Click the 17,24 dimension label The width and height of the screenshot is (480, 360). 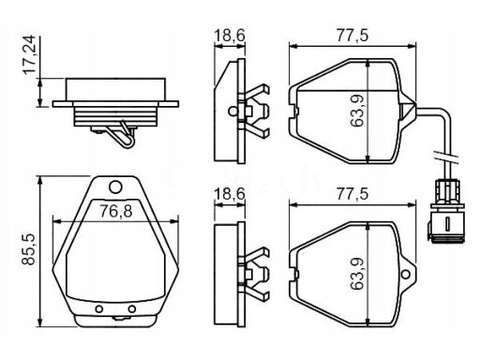[31, 54]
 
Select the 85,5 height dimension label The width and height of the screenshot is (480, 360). [29, 249]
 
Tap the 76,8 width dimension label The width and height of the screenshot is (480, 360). [116, 211]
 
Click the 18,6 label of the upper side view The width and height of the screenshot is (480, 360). [230, 35]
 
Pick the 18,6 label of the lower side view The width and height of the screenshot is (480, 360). [230, 194]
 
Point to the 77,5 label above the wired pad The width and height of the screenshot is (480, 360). [352, 36]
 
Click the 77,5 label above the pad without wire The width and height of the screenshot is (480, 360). [352, 194]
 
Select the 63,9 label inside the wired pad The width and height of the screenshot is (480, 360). [357, 111]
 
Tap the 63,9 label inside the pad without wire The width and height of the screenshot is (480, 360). [357, 274]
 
